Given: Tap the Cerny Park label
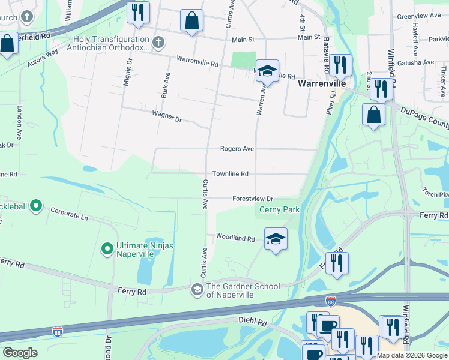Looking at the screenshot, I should [279, 210].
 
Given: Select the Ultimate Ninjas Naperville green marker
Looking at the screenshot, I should [107, 247].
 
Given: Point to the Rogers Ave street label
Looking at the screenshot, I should [237, 149].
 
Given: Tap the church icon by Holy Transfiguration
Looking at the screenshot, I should [158, 42].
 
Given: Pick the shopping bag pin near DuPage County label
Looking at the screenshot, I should [373, 115].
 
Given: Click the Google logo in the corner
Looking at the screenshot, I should [20, 353].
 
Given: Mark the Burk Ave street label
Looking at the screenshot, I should [166, 88].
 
